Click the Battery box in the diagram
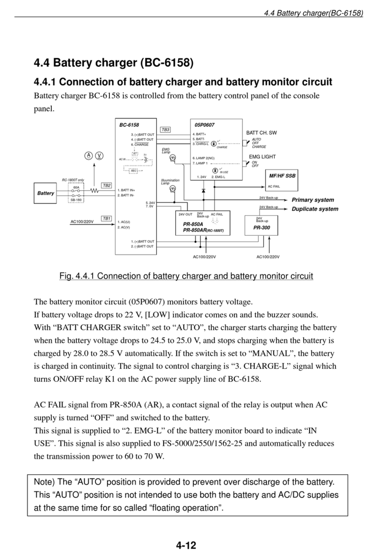46,193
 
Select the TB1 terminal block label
106,218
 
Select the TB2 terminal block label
106,186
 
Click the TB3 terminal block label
165,129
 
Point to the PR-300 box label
262,228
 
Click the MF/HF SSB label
283,176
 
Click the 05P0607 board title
204,125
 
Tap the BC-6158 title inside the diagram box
129,125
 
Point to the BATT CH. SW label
262,133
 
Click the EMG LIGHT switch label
262,157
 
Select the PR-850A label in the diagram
193,224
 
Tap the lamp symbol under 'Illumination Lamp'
173,189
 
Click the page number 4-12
186,545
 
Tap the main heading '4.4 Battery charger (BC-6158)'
114,62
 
